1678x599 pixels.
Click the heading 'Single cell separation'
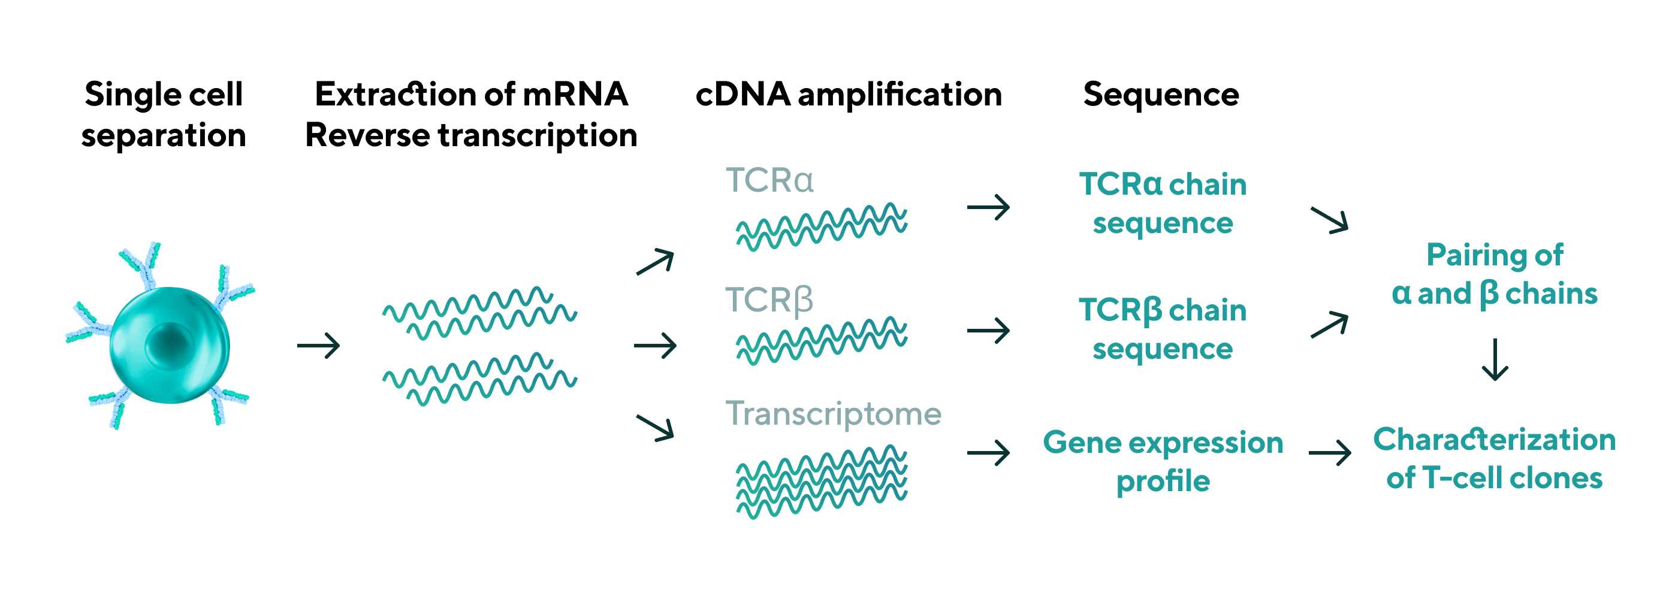[164, 114]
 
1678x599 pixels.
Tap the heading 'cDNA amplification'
[848, 95]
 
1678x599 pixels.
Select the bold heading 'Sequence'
[1161, 95]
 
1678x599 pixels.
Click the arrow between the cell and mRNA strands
[319, 345]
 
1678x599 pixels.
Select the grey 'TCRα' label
[769, 180]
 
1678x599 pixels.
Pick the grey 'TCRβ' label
[769, 300]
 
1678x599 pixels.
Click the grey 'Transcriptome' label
[833, 414]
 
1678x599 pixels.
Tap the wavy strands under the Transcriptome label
[822, 481]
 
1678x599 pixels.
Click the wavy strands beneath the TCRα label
[822, 227]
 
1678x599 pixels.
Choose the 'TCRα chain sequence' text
[1163, 204]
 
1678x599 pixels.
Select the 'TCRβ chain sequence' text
[1163, 329]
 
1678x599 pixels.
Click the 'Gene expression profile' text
[1163, 462]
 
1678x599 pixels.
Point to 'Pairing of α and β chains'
[1494, 274]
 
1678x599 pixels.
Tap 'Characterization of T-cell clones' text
[1494, 458]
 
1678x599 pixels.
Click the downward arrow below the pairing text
[1495, 359]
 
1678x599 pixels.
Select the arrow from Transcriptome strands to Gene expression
[988, 452]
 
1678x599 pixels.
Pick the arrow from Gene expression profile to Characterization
[1329, 452]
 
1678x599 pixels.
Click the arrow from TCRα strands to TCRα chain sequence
[988, 208]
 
